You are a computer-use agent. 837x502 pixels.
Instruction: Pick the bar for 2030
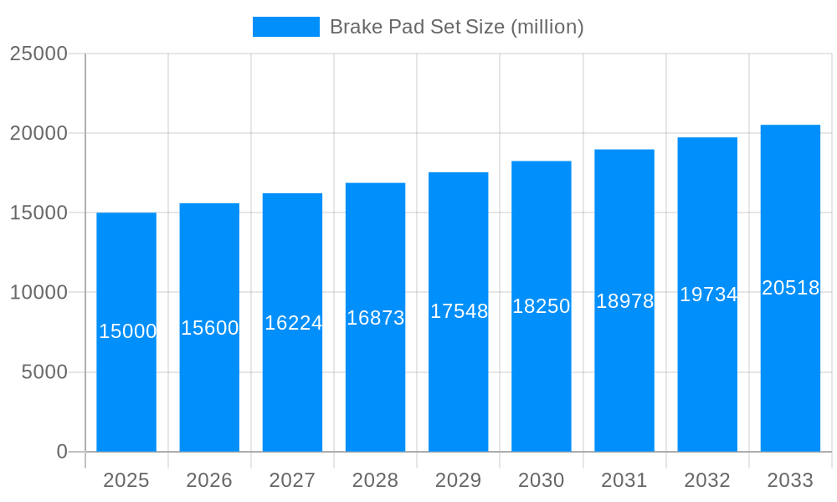point(542,376)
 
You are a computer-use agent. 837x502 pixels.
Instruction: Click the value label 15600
point(210,328)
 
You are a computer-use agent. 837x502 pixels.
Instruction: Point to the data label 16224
point(293,323)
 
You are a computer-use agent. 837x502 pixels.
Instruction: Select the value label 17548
point(459,311)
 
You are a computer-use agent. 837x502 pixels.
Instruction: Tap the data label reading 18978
point(624,301)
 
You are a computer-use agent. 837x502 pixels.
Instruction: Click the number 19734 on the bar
point(708,295)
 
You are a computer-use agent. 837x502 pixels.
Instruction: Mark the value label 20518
point(790,288)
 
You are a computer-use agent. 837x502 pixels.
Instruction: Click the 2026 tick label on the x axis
point(209,480)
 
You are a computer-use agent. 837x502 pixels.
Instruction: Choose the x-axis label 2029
point(458,480)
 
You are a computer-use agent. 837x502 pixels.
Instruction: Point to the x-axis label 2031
point(624,480)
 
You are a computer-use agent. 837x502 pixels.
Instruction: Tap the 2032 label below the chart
point(707,480)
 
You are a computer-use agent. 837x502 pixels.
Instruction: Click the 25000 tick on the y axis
point(39,54)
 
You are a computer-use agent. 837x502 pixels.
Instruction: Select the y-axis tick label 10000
point(39,293)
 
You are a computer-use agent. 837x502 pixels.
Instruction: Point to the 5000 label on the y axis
point(44,372)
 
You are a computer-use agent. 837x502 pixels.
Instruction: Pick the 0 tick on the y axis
point(62,452)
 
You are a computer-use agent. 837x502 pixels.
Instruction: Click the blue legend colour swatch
point(286,27)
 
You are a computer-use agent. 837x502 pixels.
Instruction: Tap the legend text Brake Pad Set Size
point(456,27)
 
